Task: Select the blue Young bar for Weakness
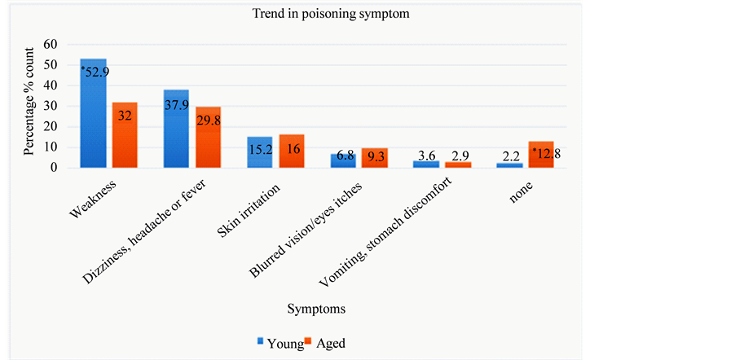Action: tap(93, 113)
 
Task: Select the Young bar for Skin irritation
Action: tap(260, 152)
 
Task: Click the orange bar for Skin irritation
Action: tap(292, 151)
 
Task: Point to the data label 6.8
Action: tap(343, 156)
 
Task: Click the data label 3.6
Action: tap(426, 155)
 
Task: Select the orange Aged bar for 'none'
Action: tap(541, 155)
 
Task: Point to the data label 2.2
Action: tap(509, 155)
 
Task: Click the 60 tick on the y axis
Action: tap(53, 43)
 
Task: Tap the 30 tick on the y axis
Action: tap(53, 106)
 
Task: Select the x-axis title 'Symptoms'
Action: tap(315, 310)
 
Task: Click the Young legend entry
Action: tap(280, 344)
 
